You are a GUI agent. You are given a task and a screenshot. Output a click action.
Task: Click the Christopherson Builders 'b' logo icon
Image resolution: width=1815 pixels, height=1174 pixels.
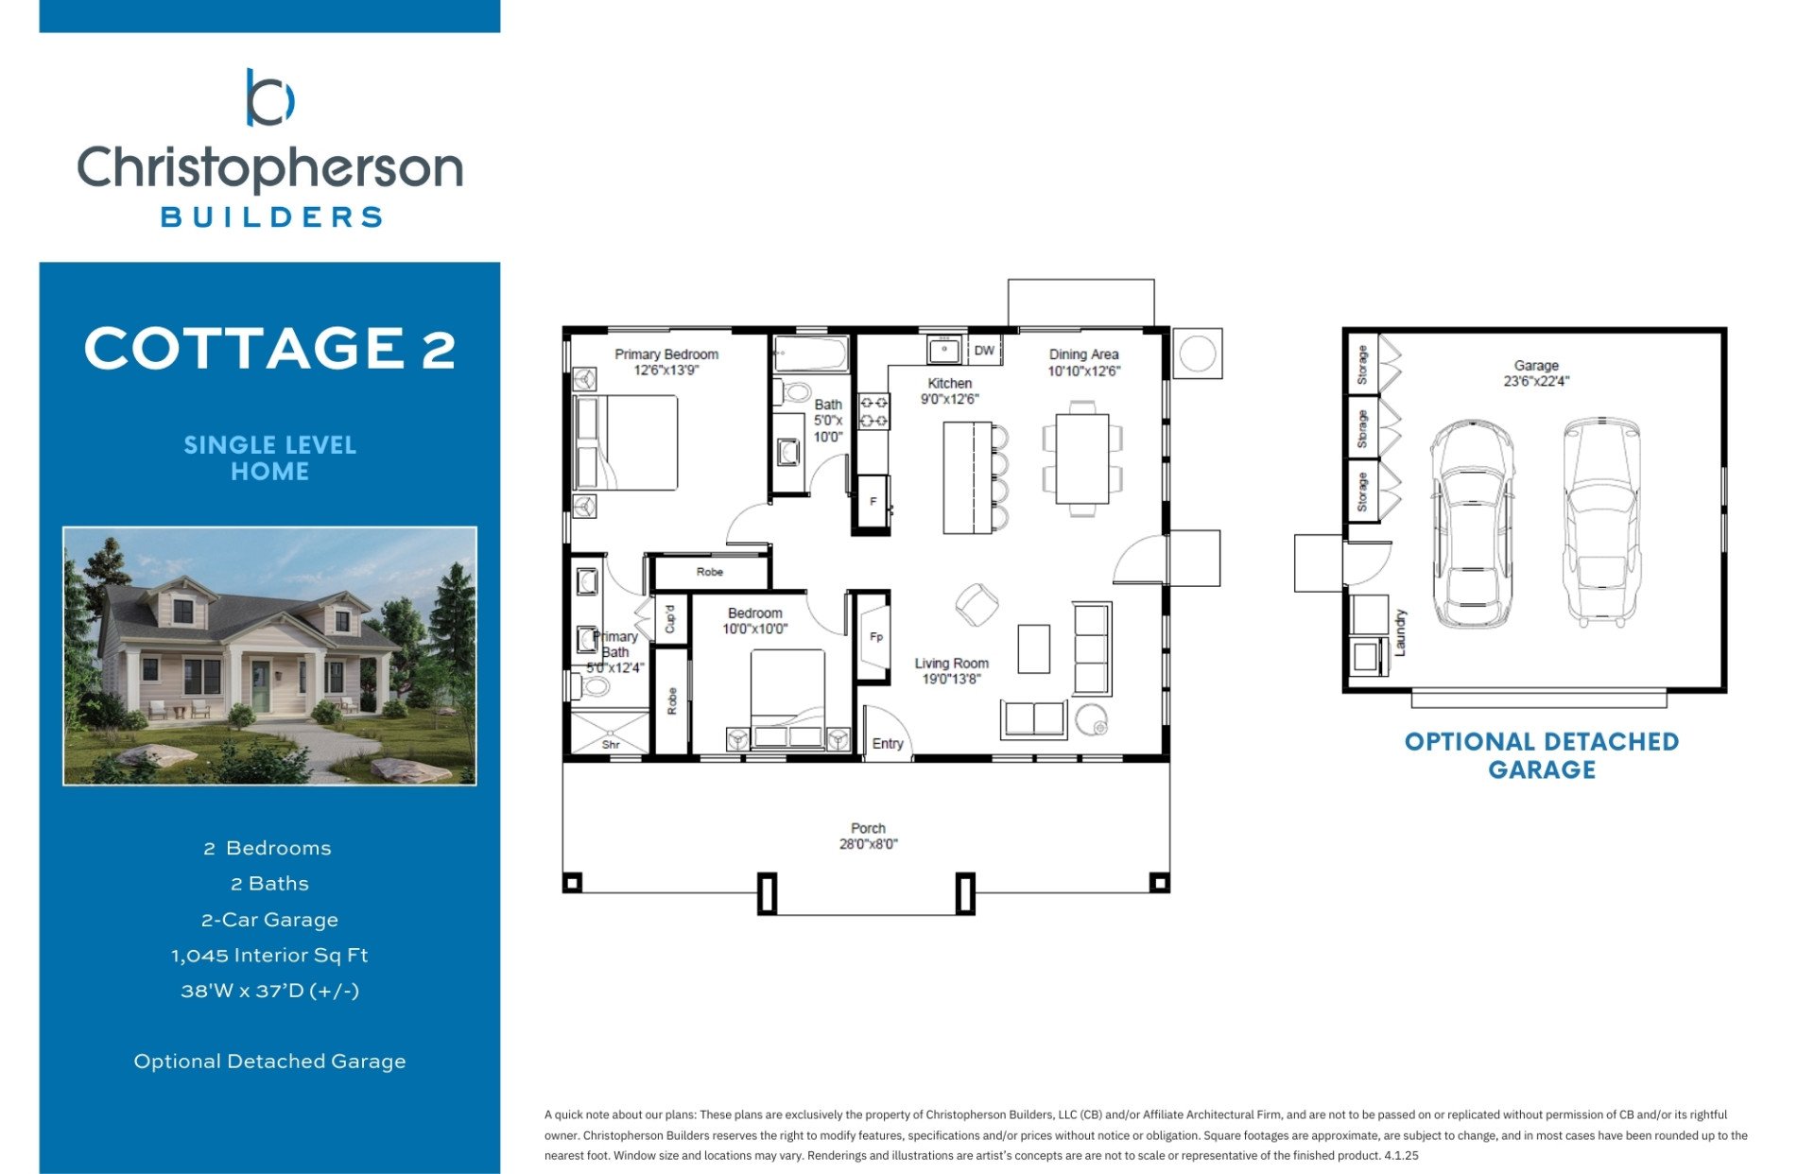coord(269,97)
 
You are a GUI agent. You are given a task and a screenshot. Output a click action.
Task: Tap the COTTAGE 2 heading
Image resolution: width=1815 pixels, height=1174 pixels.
coord(269,348)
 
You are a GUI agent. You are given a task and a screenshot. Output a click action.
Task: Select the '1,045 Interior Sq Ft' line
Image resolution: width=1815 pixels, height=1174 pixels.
coord(269,955)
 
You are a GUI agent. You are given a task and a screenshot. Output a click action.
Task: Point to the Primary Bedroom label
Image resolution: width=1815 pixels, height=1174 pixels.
coord(666,354)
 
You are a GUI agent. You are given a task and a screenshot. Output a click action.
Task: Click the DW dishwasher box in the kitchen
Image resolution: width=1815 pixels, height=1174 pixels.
coord(984,350)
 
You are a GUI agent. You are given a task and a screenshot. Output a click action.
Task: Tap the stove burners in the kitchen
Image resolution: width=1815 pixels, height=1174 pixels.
coord(873,411)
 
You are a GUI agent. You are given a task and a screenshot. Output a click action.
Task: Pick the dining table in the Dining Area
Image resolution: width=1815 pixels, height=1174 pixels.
coord(1082,459)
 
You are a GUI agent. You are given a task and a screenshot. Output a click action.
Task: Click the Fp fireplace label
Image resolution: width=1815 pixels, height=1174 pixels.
coord(876,637)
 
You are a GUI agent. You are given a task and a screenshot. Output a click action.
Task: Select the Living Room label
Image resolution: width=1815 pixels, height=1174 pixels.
coord(951,664)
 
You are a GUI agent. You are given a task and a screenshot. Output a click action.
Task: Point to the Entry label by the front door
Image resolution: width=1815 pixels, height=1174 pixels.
coord(888,744)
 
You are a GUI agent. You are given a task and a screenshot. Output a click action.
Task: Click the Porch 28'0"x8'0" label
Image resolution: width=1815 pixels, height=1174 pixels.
coord(868,836)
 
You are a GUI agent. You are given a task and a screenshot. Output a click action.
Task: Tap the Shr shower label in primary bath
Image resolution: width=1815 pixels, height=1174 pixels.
coord(611,745)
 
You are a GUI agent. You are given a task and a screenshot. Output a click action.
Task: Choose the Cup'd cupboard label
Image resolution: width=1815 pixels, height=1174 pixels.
coord(670,619)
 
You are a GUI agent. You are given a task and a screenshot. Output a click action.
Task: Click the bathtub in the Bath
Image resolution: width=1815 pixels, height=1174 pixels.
coord(811,354)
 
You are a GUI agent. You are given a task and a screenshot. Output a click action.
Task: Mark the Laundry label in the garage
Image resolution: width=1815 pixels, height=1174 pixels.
coord(1400,632)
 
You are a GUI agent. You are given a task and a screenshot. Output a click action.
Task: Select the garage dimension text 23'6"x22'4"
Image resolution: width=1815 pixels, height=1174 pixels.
coord(1536,382)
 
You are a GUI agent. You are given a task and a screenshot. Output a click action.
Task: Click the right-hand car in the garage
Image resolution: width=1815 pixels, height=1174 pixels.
coord(1600,522)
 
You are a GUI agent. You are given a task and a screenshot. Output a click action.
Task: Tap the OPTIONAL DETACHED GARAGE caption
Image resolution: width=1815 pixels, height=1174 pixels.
coord(1542,755)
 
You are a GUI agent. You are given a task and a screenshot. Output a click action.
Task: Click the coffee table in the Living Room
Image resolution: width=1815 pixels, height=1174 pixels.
coord(1033,648)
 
